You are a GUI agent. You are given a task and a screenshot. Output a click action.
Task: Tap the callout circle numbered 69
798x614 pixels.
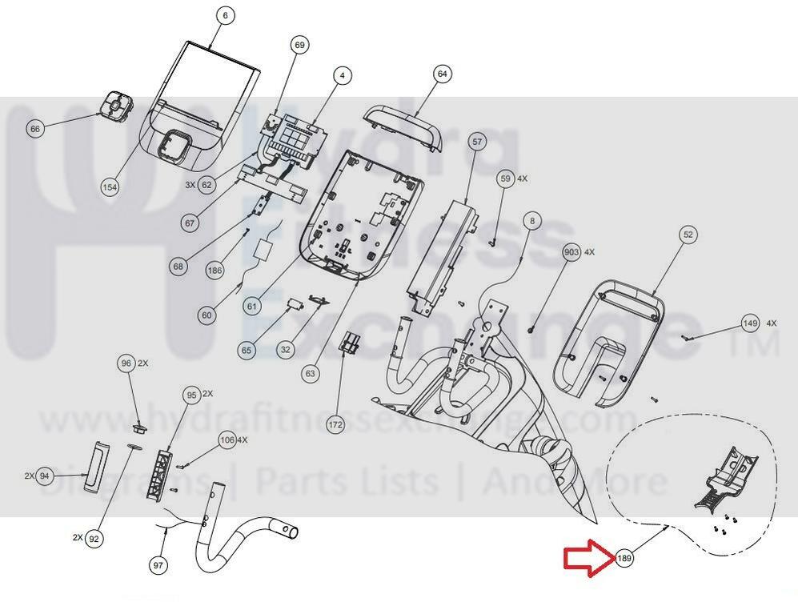click(300, 46)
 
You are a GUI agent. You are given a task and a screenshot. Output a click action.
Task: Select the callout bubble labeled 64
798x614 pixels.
click(442, 74)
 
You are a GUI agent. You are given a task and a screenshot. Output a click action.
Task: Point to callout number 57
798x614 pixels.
click(478, 143)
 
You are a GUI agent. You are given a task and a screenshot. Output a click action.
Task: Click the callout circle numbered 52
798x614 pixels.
click(688, 235)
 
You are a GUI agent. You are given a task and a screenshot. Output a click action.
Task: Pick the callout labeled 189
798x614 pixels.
click(624, 558)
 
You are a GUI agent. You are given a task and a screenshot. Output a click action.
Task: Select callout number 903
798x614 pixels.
click(571, 252)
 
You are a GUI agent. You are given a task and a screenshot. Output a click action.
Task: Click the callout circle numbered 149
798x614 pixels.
click(750, 323)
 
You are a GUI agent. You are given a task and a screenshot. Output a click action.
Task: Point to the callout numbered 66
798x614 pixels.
click(34, 129)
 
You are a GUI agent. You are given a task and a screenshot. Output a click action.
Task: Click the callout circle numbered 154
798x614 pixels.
click(110, 187)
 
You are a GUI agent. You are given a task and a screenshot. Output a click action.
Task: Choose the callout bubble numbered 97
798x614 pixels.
click(158, 566)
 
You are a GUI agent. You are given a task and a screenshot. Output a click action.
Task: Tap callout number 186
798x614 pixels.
click(215, 271)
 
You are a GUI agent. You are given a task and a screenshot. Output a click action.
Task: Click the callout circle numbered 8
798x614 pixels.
click(533, 220)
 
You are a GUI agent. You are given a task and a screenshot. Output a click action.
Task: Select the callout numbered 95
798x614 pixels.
click(190, 395)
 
